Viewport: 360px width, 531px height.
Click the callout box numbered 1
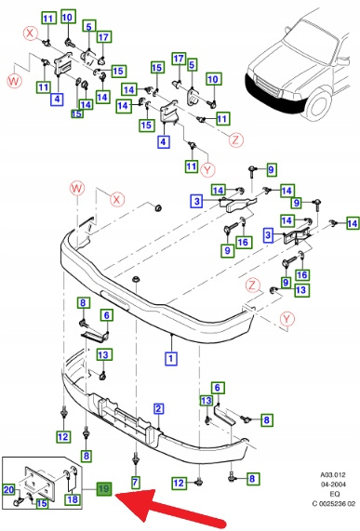171,358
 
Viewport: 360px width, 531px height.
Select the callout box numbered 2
158,409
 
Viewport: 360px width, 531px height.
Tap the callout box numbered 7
135,482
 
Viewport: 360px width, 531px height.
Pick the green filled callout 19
104,489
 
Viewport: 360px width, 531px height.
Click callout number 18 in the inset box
73,499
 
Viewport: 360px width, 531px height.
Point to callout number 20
8,489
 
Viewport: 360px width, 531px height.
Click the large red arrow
171,507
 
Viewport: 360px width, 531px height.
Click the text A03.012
333,475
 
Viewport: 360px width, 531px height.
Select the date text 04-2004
333,485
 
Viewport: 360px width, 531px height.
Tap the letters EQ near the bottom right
334,494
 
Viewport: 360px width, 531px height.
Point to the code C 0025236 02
333,504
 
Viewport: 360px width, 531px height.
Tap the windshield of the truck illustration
311,36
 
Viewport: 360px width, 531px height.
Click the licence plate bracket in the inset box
40,483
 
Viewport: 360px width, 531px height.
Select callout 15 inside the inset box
41,503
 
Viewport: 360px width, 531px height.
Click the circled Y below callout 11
207,169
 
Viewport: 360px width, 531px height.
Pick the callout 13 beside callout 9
300,290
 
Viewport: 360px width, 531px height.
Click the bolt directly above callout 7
136,459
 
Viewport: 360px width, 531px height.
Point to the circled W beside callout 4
14,81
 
